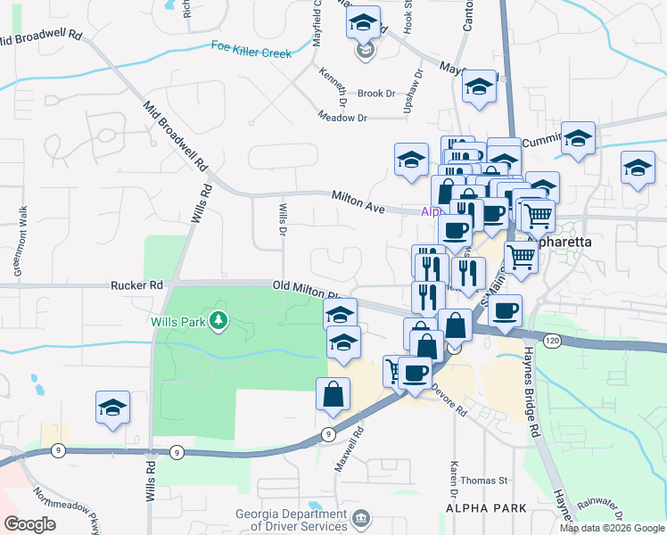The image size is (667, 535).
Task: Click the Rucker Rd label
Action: point(137,285)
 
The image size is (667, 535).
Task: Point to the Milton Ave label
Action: point(358,202)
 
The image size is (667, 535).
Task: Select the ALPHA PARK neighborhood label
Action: point(486,508)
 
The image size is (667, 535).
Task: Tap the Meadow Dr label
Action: point(343,117)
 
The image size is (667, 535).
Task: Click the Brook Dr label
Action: point(375,94)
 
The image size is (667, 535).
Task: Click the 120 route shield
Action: point(553,341)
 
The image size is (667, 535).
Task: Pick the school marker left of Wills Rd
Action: point(113,407)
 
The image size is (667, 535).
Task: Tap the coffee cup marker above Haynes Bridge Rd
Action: point(506,311)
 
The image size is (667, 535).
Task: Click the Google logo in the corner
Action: point(29,524)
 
